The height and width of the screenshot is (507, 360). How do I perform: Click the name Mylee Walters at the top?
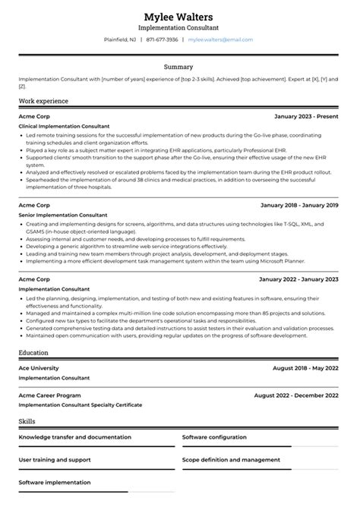pyautogui.click(x=179, y=17)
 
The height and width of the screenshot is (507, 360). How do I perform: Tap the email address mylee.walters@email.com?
pyautogui.click(x=220, y=39)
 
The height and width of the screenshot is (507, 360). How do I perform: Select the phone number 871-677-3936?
pyautogui.click(x=163, y=39)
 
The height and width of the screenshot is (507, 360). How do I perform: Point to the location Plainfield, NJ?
pyautogui.click(x=120, y=39)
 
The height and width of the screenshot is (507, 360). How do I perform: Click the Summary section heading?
pyautogui.click(x=179, y=67)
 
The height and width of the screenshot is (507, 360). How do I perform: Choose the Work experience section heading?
pyautogui.click(x=43, y=101)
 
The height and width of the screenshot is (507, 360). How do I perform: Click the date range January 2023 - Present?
pyautogui.click(x=307, y=115)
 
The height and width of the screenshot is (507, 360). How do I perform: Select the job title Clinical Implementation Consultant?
pyautogui.click(x=64, y=126)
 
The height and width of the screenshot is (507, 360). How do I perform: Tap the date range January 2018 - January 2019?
pyautogui.click(x=299, y=205)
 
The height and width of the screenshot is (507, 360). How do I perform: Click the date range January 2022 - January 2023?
pyautogui.click(x=299, y=279)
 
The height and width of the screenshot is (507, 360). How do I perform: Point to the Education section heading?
pyautogui.click(x=34, y=332)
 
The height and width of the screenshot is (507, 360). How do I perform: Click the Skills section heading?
pyautogui.click(x=27, y=420)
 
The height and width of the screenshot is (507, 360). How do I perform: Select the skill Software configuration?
pyautogui.click(x=214, y=437)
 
